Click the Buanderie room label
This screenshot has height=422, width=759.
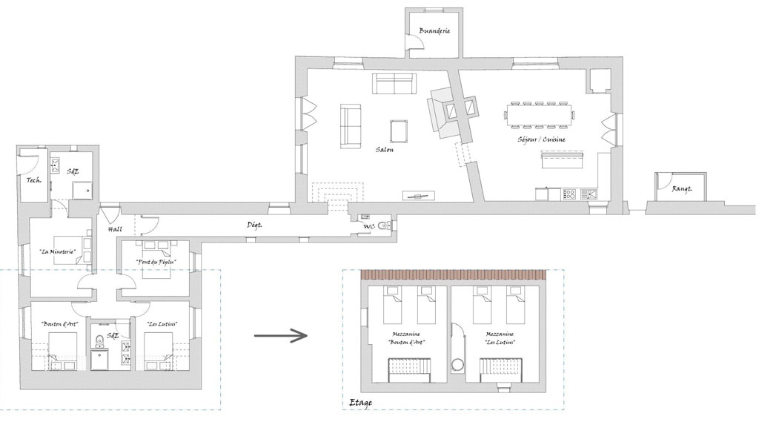434,30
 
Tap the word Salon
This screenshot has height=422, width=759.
385,150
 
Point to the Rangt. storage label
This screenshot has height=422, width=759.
682,189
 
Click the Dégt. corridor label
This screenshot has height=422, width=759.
255,225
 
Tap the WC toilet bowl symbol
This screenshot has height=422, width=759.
385,225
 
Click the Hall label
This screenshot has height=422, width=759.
115,229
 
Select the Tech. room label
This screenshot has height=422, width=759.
33,180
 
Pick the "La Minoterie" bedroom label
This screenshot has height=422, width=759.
58,251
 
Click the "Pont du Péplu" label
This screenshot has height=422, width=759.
156,262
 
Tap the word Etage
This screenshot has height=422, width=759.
361,403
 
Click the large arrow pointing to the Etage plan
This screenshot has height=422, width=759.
281,335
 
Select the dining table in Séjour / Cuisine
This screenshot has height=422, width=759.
539,115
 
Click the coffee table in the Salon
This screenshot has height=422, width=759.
399,131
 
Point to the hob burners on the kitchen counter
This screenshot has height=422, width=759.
570,195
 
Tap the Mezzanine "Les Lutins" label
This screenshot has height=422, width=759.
500,337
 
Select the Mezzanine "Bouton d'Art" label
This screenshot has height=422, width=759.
406,337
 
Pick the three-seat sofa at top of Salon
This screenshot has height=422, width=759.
394,84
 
